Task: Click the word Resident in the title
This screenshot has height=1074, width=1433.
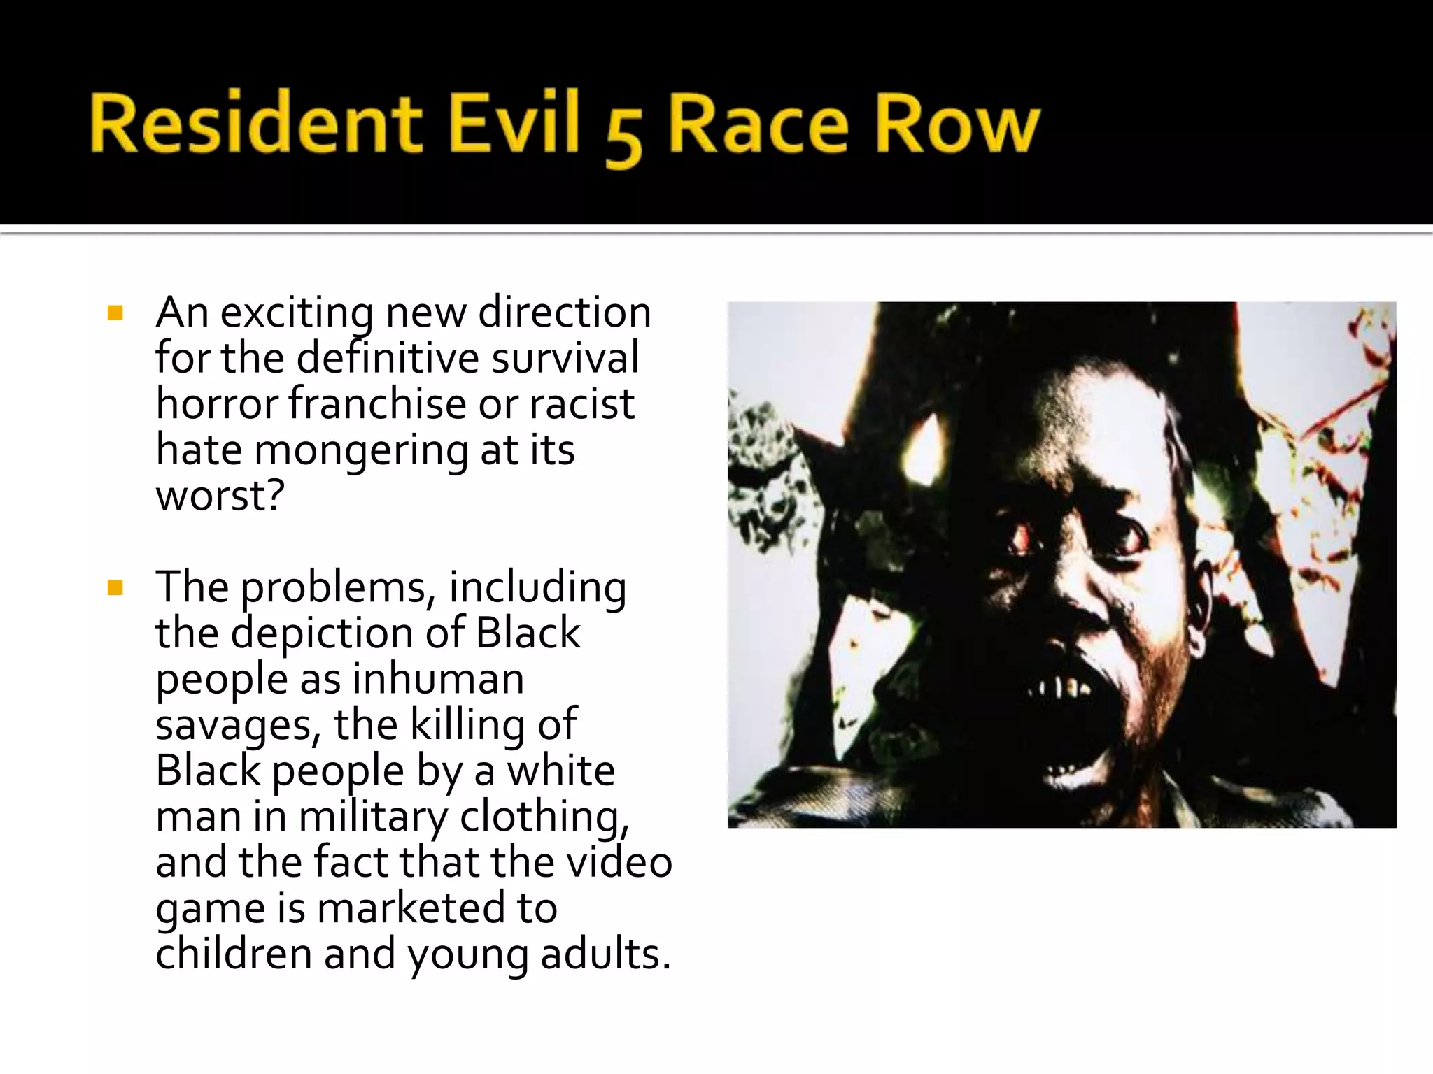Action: pos(255,124)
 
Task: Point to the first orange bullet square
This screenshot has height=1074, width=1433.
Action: pos(115,313)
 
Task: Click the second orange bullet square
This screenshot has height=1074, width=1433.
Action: pos(115,588)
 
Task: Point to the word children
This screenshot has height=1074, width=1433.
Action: pos(233,954)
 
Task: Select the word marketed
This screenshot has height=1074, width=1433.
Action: pos(411,908)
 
